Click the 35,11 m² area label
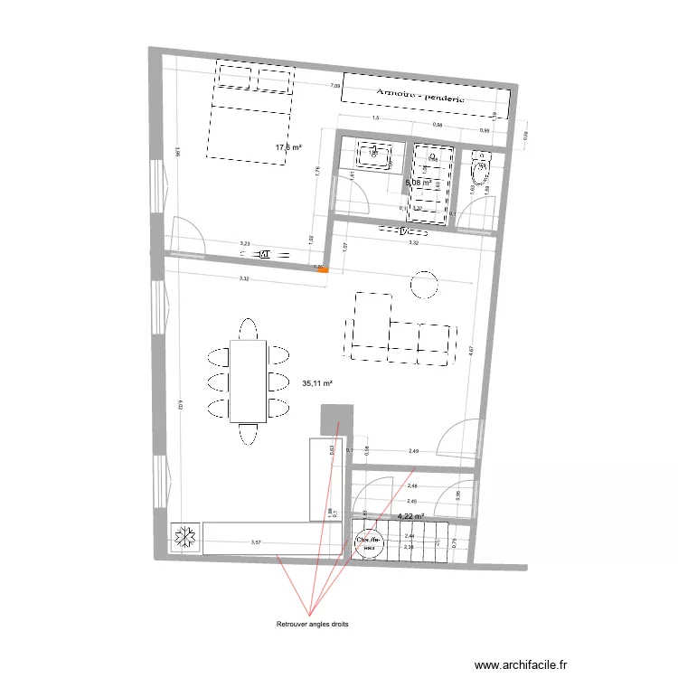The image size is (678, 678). coord(317,383)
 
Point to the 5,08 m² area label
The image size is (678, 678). coord(419,183)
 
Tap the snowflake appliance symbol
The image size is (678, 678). coord(185,538)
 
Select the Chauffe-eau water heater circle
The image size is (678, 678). coord(370,542)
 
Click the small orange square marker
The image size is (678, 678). coord(326,268)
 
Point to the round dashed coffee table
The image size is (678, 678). coord(424,286)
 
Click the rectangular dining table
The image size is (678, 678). coord(248,381)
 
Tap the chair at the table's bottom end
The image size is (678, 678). coord(248,438)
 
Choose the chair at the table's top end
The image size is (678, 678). coord(248,326)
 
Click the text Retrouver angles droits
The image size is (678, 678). coord(312,624)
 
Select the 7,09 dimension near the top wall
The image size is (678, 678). coord(334,86)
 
